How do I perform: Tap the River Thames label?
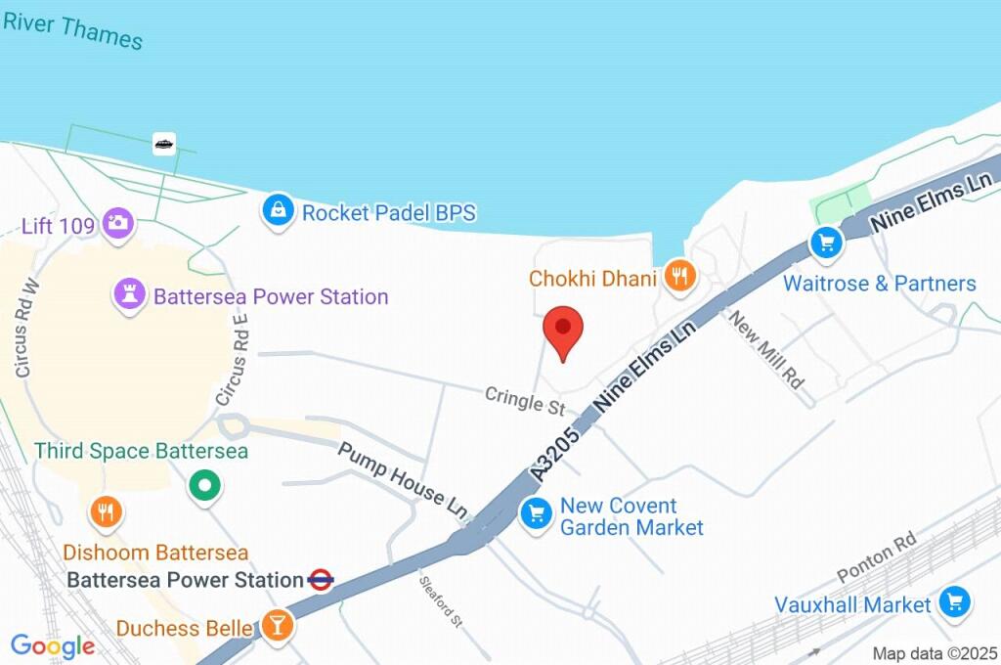coord(74,29)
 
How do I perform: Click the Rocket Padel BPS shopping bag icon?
coord(279,209)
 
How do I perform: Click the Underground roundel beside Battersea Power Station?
coord(321,580)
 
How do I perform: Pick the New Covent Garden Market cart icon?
coord(535,512)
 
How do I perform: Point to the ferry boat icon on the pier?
coord(164,145)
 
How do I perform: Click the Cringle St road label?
coord(526,400)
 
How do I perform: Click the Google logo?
coord(53,645)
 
